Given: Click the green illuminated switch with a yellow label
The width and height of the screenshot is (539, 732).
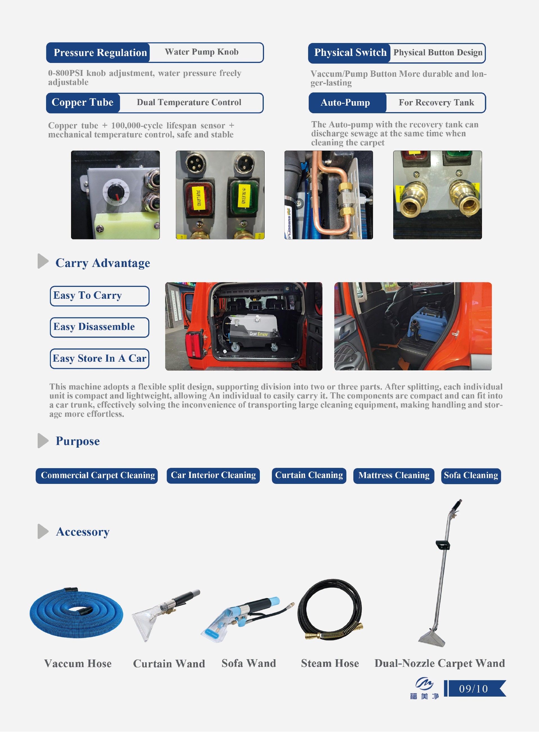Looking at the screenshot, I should pos(244,196).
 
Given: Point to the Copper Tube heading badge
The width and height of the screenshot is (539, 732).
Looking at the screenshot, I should pos(83,103).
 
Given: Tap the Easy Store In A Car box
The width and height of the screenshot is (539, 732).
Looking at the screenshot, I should pos(99,359).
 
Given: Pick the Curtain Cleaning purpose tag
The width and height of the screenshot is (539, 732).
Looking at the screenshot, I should pos(309,475).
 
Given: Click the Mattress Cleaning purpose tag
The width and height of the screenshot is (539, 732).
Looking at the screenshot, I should pos(394,475).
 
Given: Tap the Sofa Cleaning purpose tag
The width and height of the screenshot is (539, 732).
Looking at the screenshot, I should pos(470,475).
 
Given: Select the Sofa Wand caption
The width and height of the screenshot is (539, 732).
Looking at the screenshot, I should pos(249,663).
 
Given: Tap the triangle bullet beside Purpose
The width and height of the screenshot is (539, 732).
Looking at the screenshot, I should pos(42,441).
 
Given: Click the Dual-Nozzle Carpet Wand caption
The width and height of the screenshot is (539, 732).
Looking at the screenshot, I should pos(440,663).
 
